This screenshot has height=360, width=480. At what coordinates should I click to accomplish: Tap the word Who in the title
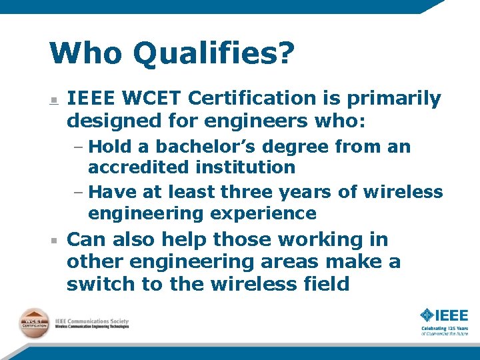(86, 53)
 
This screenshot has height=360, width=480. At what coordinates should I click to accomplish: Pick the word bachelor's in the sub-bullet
(204, 146)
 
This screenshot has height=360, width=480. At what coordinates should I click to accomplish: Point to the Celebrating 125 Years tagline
(444, 331)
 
